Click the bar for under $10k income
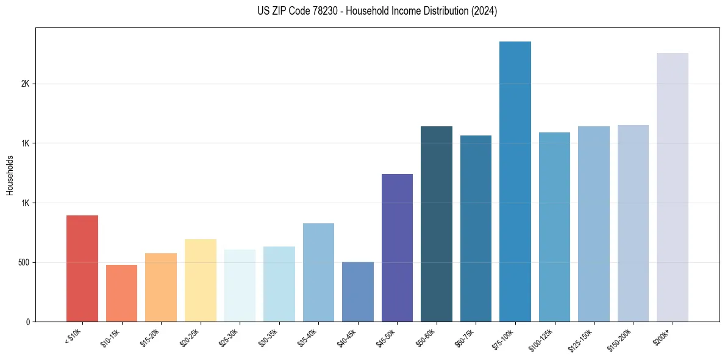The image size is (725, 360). click(x=82, y=268)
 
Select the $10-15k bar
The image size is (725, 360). click(x=121, y=293)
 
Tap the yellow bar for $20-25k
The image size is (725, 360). click(x=200, y=280)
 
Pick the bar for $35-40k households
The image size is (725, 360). click(x=318, y=272)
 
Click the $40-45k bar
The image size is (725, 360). click(x=358, y=292)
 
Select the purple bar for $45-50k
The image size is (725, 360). click(x=397, y=248)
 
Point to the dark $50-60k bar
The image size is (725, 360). click(x=437, y=224)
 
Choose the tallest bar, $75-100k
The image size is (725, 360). click(x=515, y=181)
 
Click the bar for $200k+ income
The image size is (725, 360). click(x=673, y=187)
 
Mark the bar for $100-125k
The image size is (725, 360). click(x=554, y=227)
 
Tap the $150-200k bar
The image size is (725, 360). click(x=633, y=223)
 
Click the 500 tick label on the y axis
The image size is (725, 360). click(x=23, y=262)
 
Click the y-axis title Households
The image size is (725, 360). click(x=10, y=175)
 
